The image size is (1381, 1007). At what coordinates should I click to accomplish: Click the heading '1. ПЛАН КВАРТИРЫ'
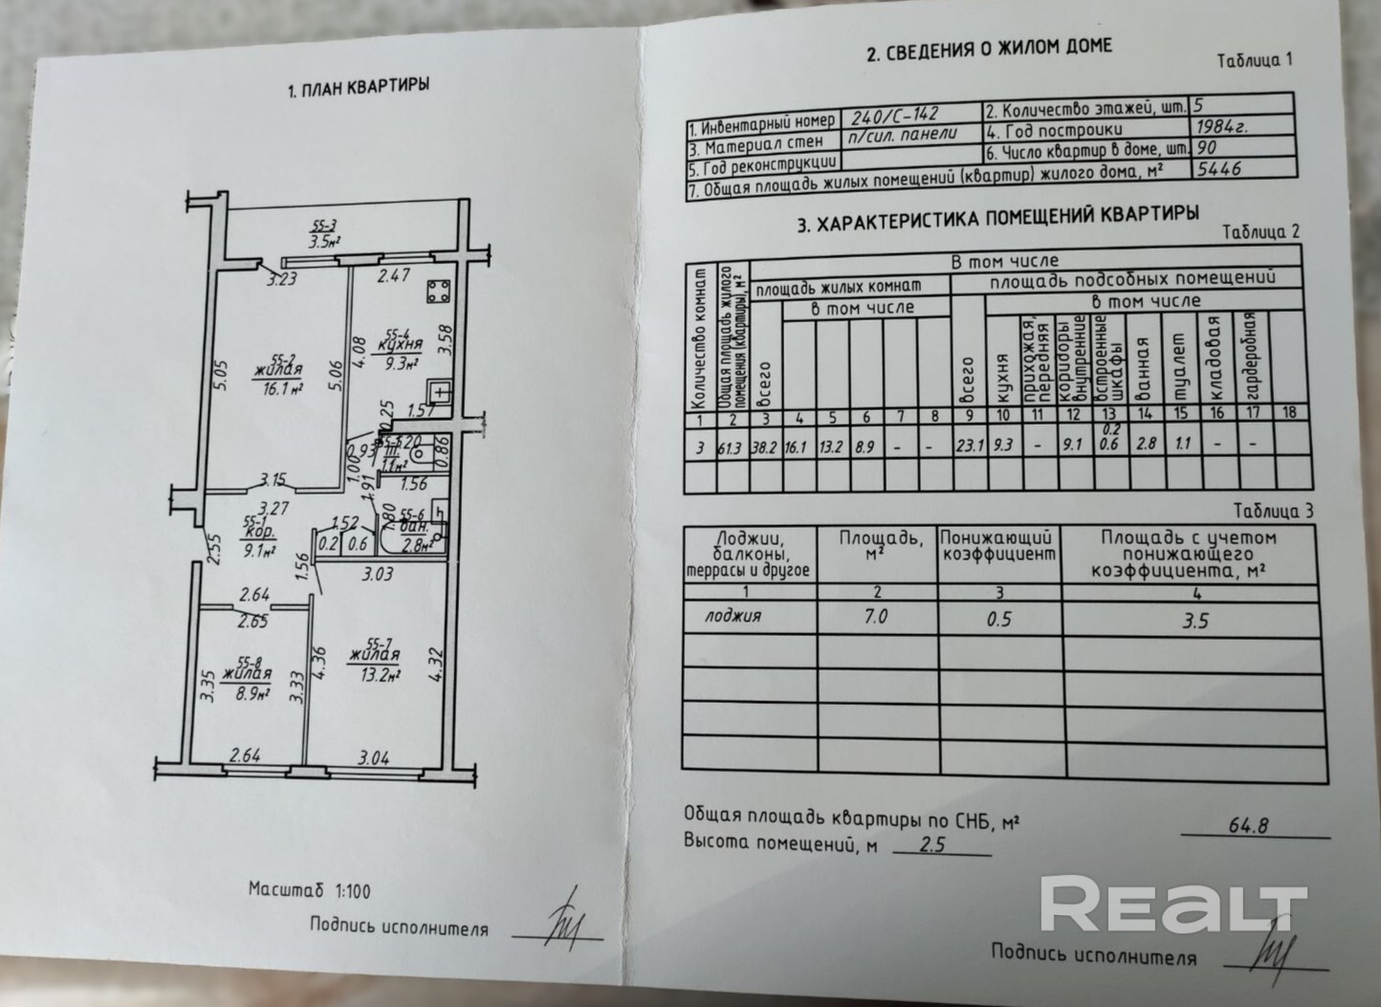click(x=359, y=88)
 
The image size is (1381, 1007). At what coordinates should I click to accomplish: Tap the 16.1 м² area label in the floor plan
click(x=284, y=389)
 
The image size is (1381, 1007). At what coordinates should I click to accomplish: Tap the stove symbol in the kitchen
click(x=440, y=289)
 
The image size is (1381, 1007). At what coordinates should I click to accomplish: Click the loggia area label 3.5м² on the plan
click(x=325, y=240)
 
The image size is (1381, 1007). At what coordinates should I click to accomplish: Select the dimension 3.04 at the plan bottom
click(x=373, y=759)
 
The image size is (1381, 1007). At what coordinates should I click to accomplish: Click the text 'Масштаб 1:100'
click(x=309, y=890)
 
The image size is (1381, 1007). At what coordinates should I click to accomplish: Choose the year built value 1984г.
click(x=1222, y=125)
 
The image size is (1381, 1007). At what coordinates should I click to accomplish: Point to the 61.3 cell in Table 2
click(x=733, y=447)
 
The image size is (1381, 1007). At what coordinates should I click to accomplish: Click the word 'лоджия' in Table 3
click(x=733, y=616)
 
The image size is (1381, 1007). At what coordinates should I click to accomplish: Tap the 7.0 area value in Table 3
click(x=875, y=617)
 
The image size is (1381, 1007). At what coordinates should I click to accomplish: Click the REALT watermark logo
click(x=1173, y=903)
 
